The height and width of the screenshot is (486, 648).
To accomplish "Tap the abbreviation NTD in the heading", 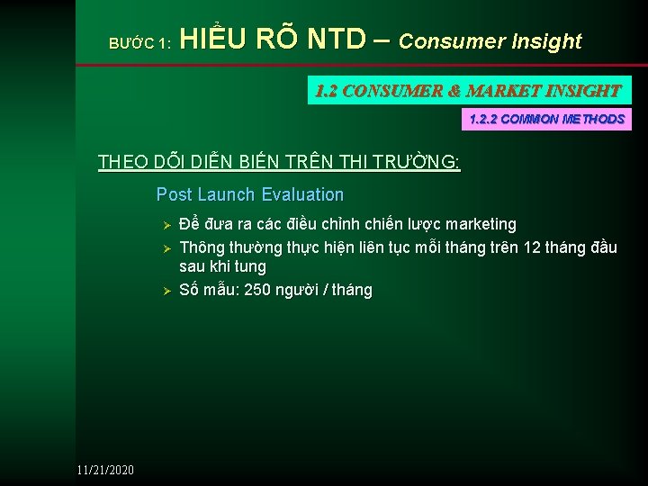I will click(336, 40).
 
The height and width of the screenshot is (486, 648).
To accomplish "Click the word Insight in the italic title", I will click(544, 41).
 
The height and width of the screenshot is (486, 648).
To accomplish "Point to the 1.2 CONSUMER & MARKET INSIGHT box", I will click(469, 91).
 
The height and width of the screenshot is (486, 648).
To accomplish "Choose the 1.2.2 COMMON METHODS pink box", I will click(547, 119).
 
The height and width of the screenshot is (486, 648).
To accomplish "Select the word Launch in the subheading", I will click(225, 194).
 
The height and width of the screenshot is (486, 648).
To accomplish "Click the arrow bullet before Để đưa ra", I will click(165, 224).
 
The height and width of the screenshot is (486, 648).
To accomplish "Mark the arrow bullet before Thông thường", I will click(165, 247).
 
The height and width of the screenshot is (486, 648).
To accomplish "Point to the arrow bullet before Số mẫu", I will click(165, 290).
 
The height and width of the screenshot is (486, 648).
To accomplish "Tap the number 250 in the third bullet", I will click(244, 290).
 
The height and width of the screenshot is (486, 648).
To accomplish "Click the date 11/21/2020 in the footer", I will click(105, 470).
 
